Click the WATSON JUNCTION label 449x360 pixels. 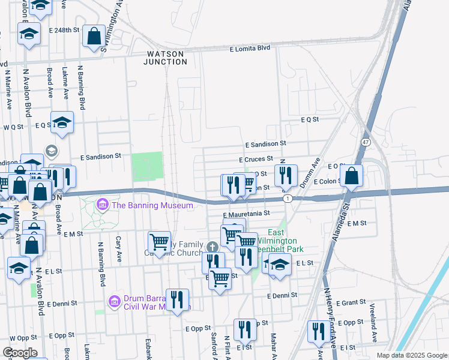(166, 58)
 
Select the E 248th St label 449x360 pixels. (64, 30)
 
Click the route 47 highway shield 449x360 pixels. (365, 142)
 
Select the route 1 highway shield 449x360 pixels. (289, 198)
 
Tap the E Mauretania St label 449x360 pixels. (247, 213)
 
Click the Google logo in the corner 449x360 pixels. (20, 353)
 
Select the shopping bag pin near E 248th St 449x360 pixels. (94, 36)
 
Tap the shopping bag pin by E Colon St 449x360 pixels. (352, 176)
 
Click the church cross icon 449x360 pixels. (211, 247)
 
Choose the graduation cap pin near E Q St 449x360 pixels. (62, 123)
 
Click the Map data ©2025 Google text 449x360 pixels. (412, 355)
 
